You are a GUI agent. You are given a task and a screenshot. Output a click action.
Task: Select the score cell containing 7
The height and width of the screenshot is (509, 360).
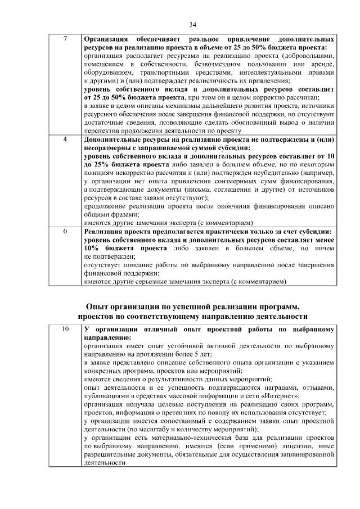(65, 40)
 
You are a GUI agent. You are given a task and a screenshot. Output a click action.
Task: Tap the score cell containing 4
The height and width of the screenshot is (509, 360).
(65, 139)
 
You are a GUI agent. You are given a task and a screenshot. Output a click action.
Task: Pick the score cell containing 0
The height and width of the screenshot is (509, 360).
(65, 231)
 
